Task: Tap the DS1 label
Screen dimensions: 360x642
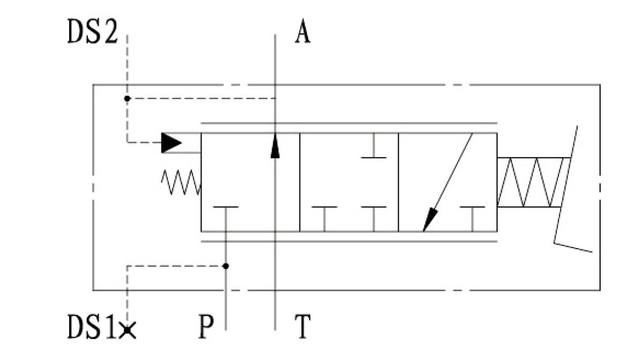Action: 91,327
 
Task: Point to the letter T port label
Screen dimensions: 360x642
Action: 302,327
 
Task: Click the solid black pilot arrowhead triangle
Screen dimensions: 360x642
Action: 171,142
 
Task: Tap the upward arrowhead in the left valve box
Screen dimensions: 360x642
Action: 275,146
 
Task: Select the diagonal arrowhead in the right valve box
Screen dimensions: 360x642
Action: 430,220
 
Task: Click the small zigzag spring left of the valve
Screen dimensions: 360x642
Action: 181,183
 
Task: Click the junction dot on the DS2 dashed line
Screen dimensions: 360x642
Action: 127,99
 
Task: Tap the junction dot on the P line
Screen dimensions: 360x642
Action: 226,266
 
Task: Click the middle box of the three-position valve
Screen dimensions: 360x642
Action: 349,182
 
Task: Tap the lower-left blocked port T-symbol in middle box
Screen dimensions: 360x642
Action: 324,214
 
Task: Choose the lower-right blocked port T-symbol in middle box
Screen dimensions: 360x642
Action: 374,214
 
